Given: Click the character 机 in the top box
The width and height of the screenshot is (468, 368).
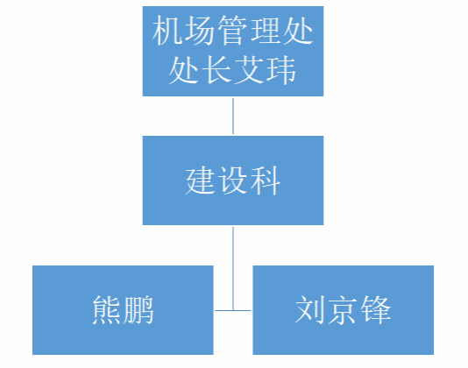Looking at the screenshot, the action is point(167,31).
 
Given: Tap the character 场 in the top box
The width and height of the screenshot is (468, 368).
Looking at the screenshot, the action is point(200,31).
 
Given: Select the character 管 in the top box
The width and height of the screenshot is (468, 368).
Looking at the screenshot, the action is point(232,31).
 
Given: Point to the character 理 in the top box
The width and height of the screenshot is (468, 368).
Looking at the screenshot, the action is point(265,31).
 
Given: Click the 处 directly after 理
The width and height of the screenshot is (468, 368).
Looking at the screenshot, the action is point(298,31).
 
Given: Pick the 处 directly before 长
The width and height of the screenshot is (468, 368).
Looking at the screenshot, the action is point(184,70).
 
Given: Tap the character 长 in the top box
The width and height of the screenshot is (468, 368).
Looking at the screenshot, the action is point(216,70).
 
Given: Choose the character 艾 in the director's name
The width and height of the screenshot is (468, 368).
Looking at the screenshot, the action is point(249,70).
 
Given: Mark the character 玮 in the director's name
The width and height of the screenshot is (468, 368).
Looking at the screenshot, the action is point(281,70).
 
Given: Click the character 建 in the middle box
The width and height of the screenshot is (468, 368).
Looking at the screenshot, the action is point(201,180).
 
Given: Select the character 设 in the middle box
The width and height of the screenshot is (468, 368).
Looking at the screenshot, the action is point(233,180).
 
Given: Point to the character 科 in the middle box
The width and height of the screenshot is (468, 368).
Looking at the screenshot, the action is point(266,180).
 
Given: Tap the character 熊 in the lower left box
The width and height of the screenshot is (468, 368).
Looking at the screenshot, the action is point(107,310).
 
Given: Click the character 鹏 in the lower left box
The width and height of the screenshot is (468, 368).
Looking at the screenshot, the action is point(138,310).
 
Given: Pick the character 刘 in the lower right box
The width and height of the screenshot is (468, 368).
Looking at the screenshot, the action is point(310,310).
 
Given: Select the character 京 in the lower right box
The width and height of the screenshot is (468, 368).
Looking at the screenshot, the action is point(343,310).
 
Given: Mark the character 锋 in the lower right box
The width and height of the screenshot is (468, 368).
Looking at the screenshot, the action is point(375,310).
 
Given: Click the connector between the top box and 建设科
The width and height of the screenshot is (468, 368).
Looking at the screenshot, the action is point(233,117).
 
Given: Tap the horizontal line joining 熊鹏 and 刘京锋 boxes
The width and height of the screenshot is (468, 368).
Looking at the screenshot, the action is point(233,311).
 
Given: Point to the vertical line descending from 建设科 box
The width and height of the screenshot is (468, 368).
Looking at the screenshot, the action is point(233,269).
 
